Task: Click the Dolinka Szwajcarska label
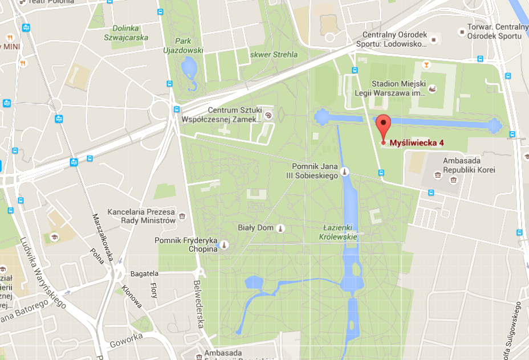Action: (126, 32)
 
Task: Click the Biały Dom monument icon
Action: (280, 228)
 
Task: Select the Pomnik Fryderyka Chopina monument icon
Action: (224, 246)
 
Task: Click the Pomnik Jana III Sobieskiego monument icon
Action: (344, 171)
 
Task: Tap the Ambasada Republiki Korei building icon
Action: (453, 180)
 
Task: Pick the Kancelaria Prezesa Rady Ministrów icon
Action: (182, 216)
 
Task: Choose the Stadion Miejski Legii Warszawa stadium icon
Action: (433, 89)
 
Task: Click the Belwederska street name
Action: (198, 304)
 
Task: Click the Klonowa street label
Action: (132, 297)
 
